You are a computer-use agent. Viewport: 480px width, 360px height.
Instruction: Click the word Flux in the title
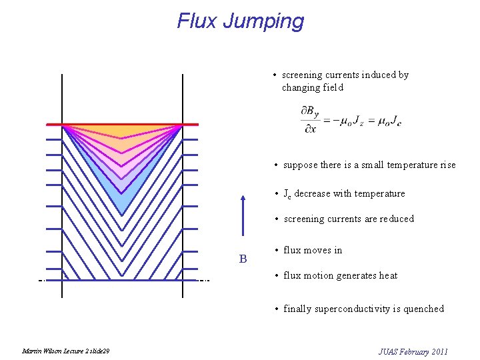[x=197, y=21]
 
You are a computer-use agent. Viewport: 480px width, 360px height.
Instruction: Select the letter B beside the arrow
[x=243, y=259]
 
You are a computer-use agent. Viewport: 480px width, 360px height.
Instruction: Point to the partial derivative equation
[x=351, y=119]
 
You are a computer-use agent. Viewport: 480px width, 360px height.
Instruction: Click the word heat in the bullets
[x=388, y=275]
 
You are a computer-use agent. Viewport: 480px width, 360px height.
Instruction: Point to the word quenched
[x=423, y=309]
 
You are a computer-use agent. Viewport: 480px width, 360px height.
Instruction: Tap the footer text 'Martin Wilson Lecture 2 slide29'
[x=66, y=351]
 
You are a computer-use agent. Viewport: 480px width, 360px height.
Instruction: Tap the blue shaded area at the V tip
[x=122, y=200]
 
